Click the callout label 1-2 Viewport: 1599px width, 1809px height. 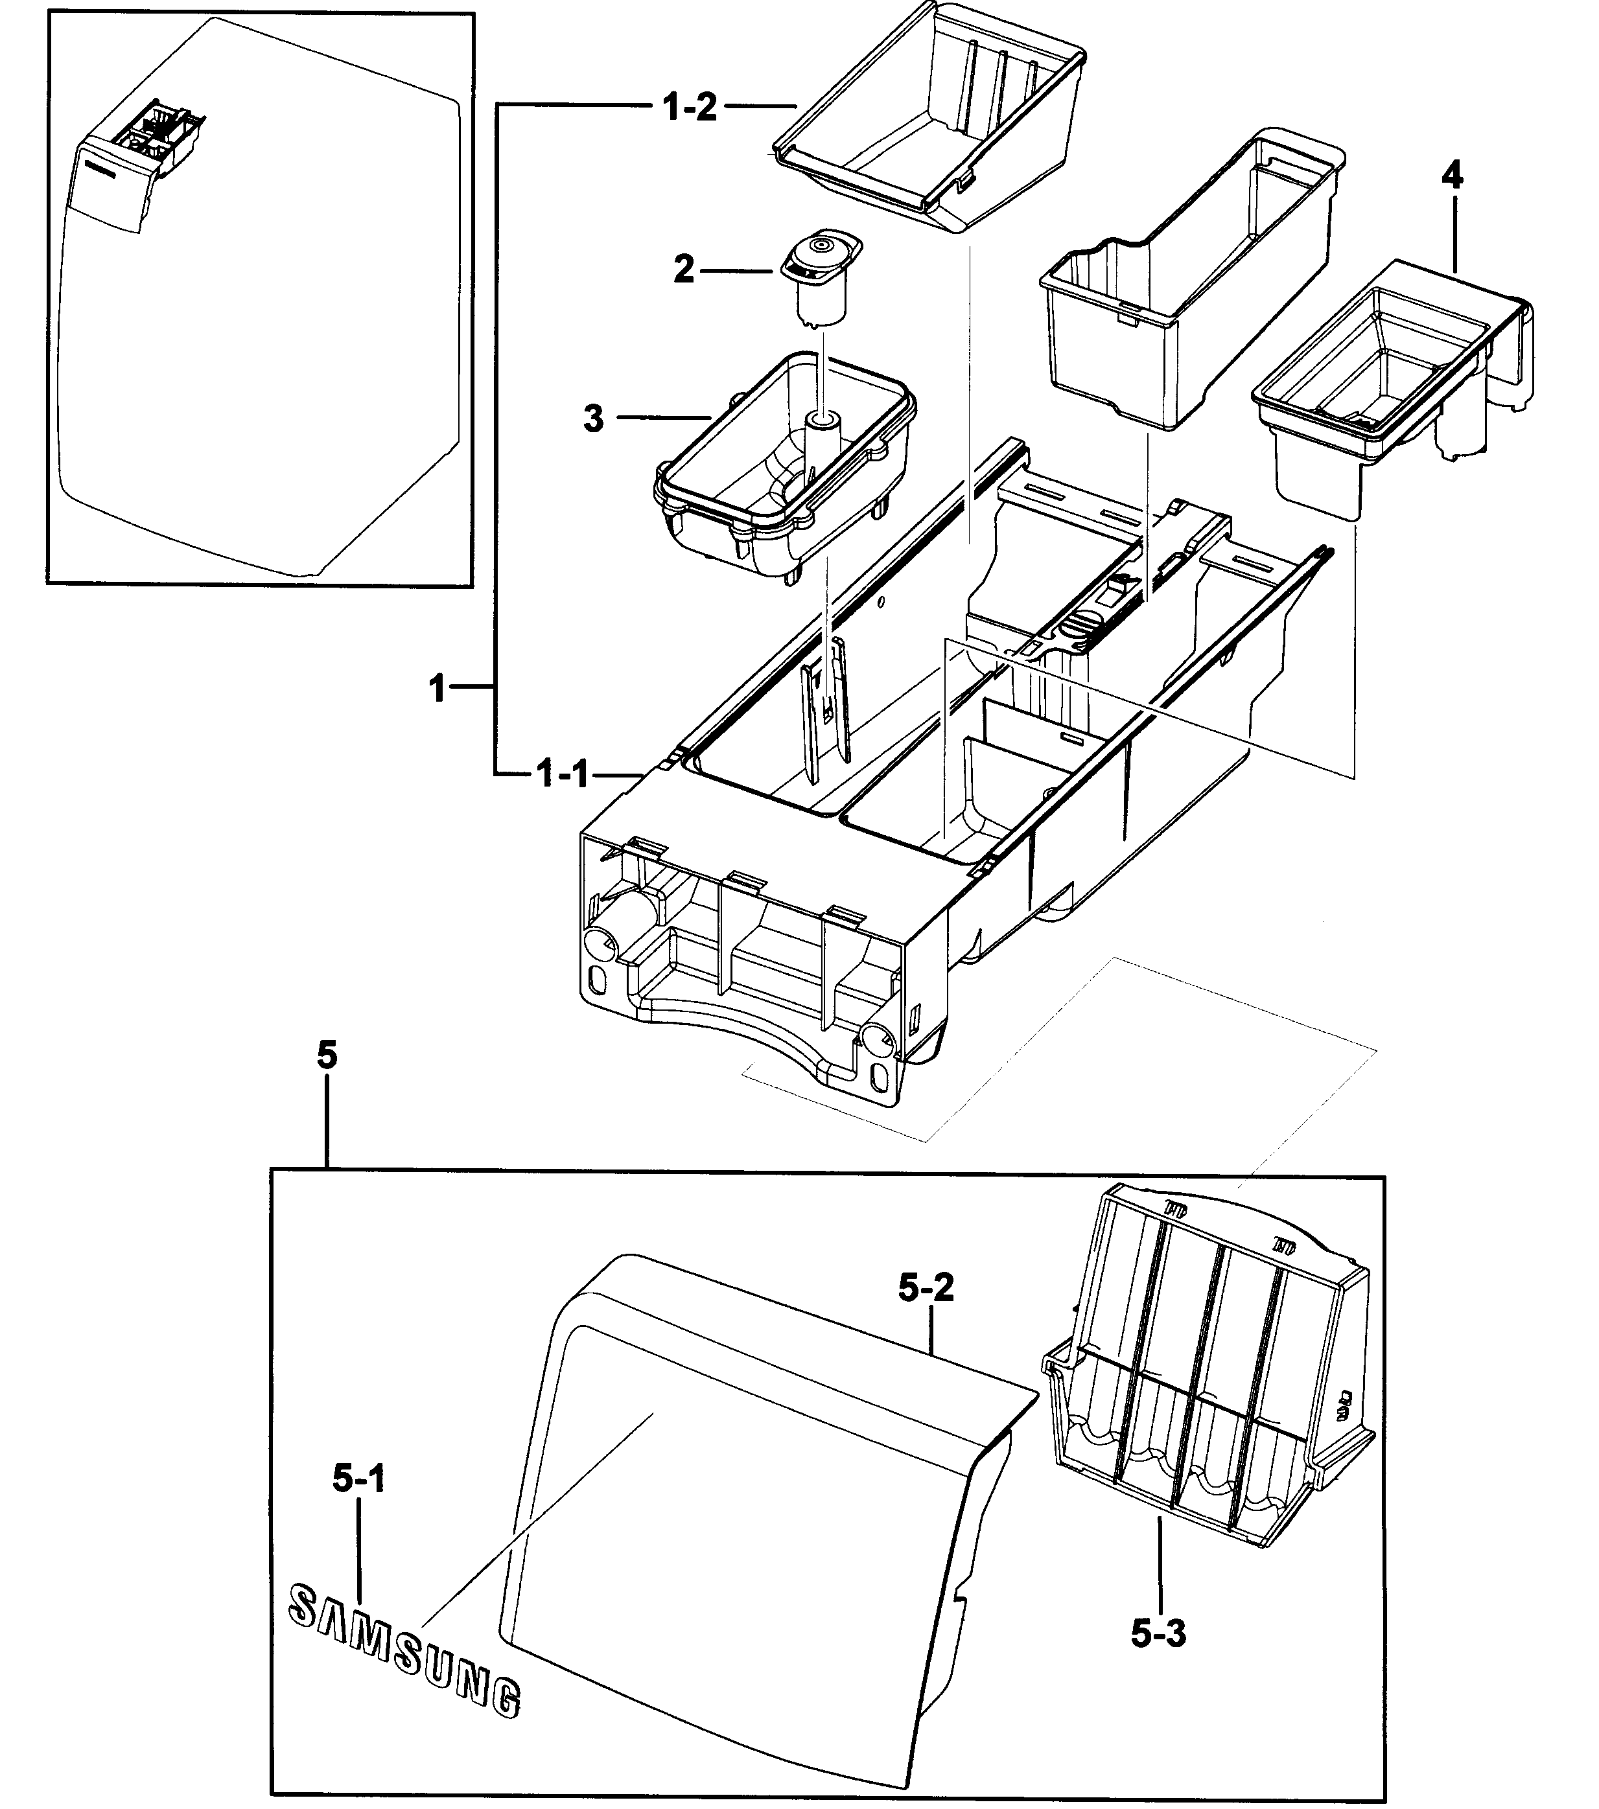click(x=689, y=108)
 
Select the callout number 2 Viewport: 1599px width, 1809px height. click(x=684, y=269)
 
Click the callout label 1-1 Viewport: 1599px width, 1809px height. click(x=561, y=776)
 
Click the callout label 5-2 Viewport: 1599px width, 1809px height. click(x=926, y=1287)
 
